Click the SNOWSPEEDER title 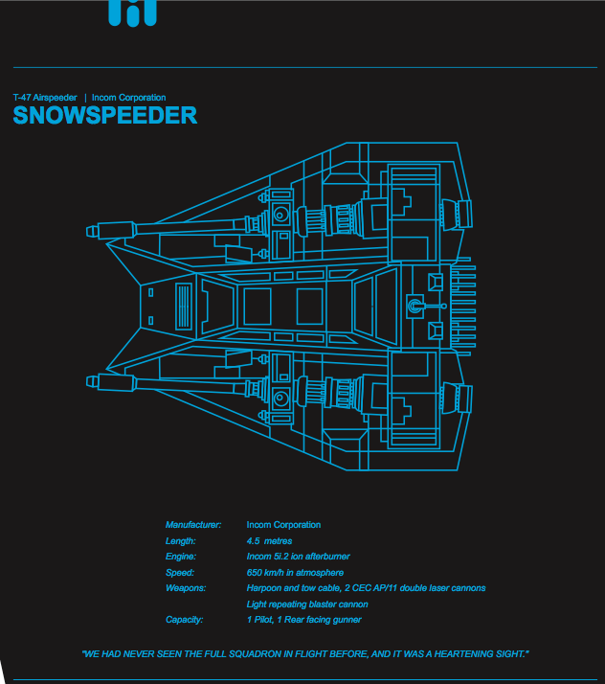105,116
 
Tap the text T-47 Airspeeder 45,98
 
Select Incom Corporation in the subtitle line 128,98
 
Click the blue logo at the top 132,12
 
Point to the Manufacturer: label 193,525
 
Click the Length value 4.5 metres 269,541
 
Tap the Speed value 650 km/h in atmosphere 295,573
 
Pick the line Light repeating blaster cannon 307,604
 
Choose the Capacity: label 185,620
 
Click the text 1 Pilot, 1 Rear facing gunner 304,620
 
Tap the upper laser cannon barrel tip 92,231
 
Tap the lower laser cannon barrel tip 92,381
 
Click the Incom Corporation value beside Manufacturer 283,525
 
